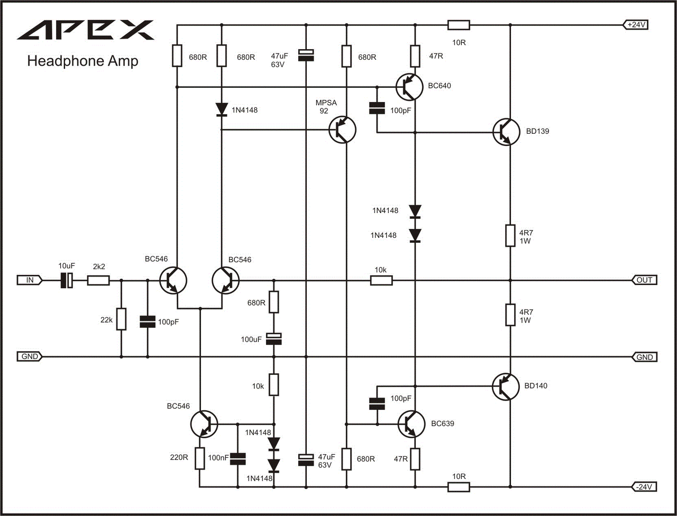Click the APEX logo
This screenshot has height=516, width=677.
coord(86,30)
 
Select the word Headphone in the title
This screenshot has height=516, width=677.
coord(65,61)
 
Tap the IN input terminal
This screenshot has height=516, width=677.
coord(30,280)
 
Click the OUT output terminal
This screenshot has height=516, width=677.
coord(644,280)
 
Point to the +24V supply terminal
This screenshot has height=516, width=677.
coord(636,25)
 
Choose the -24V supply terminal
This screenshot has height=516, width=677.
coord(644,487)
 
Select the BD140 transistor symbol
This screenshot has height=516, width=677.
coord(506,387)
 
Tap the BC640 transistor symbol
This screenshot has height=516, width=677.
coord(409,87)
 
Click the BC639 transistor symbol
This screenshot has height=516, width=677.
coord(411,425)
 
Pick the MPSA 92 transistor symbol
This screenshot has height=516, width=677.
coord(342,130)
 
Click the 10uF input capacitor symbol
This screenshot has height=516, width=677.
coord(67,281)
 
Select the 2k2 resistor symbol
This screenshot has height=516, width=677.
coord(98,281)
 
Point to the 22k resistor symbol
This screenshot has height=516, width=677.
coord(121,319)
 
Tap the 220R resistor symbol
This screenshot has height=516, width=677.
coord(200,458)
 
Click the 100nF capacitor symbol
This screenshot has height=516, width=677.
coord(238,459)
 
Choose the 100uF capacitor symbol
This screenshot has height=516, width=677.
coord(273,339)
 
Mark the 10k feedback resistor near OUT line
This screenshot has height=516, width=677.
coord(381,281)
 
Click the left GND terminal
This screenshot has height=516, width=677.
coord(30,357)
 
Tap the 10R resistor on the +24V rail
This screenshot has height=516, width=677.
coord(459,25)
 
